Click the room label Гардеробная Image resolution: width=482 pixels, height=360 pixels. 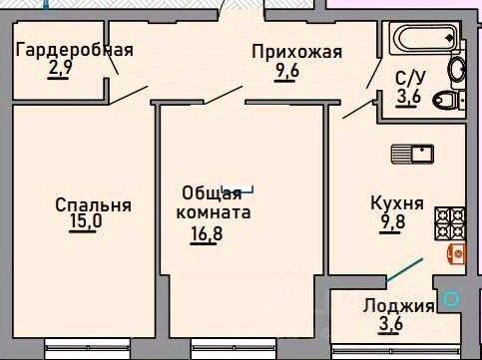pos(75,51)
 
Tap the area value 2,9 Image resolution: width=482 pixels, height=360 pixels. pos(60,69)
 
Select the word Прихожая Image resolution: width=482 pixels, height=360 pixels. pos(296,52)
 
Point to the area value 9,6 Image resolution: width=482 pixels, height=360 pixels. pos(287,71)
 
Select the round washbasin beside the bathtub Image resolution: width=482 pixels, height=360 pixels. pos(457,70)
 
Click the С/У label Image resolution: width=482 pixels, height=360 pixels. pos(410,79)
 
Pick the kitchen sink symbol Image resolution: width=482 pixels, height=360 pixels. pos(412,154)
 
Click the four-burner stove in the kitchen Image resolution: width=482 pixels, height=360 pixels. pos(449,223)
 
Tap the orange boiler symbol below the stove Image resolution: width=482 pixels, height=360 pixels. pos(456,254)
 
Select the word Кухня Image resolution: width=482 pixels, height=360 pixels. pos(397,203)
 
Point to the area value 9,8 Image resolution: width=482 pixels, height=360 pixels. pos(392,220)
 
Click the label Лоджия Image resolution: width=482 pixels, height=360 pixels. pos(398,306)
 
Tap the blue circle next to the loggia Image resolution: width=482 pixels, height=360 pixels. pos(451,299)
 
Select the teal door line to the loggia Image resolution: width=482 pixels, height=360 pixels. pos(404,269)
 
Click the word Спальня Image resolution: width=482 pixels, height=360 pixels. pos(93,205)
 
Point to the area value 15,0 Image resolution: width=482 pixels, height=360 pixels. pos(86,220)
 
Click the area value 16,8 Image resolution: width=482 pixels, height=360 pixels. pos(207,233)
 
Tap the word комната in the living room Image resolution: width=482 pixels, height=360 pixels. pos(214,212)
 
